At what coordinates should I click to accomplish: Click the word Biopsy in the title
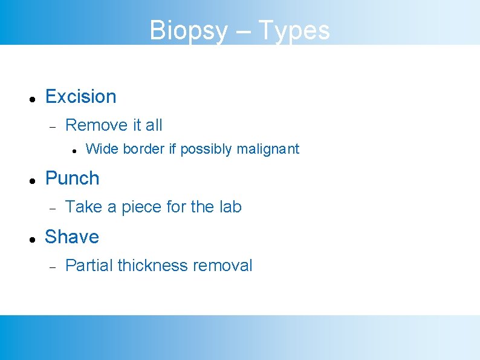pos(188,30)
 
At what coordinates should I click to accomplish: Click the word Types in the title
pos(294,30)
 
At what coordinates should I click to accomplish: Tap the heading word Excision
pos(80,96)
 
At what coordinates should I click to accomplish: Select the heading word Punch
pos(72,178)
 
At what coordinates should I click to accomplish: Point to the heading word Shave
pos(71,237)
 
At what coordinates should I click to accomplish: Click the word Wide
pos(100,149)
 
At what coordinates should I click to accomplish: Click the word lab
pos(230,207)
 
